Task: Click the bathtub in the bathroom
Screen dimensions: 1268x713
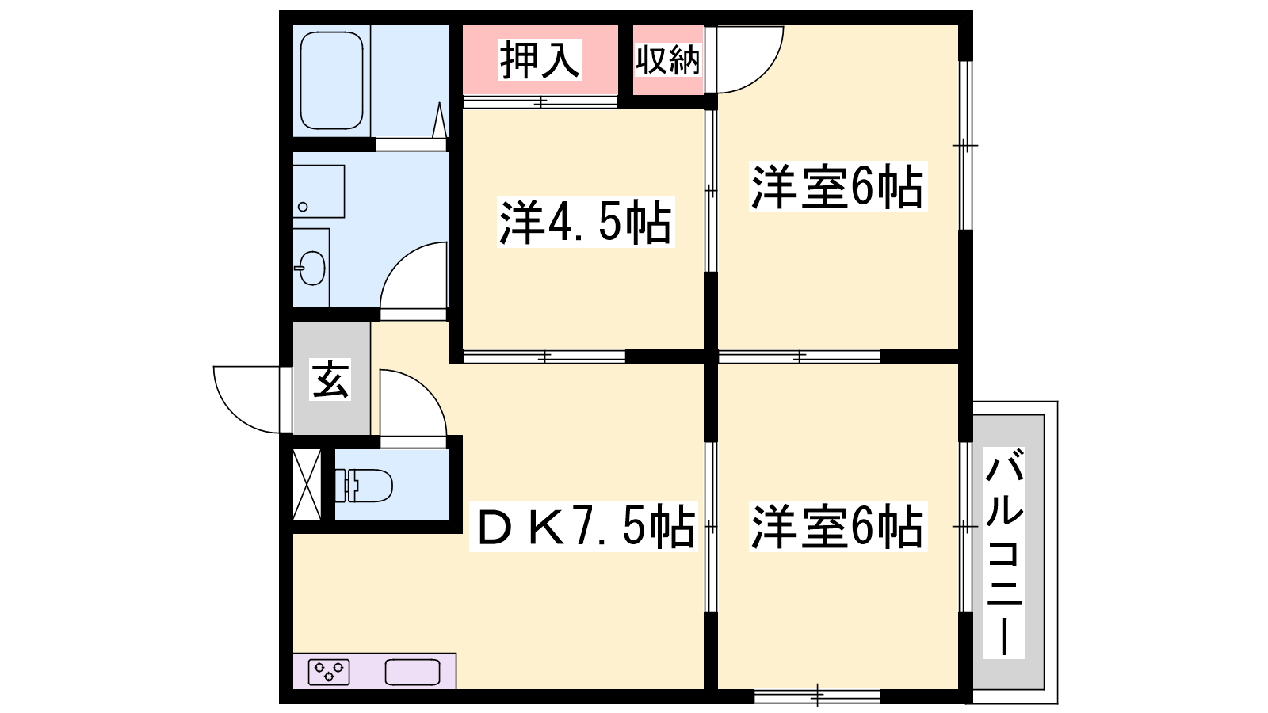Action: point(331,80)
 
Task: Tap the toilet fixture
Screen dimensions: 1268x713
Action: point(364,486)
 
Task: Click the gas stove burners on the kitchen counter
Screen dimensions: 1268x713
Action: point(329,673)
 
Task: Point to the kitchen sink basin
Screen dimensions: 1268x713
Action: point(413,673)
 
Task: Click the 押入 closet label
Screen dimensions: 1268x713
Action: point(540,60)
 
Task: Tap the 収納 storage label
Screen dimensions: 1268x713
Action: point(667,60)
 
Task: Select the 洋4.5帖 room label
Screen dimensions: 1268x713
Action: point(586,222)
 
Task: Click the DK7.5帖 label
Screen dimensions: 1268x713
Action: point(583,527)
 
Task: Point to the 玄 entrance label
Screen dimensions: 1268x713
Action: point(330,379)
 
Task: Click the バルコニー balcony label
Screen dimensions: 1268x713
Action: point(1003,553)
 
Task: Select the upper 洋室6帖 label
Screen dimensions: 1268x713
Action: point(838,187)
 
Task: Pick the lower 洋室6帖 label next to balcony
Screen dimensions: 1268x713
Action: point(838,526)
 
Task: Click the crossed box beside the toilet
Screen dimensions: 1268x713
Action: point(307,484)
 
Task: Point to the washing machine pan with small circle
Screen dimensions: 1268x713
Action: point(319,191)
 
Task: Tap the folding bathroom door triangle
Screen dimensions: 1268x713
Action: point(440,120)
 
